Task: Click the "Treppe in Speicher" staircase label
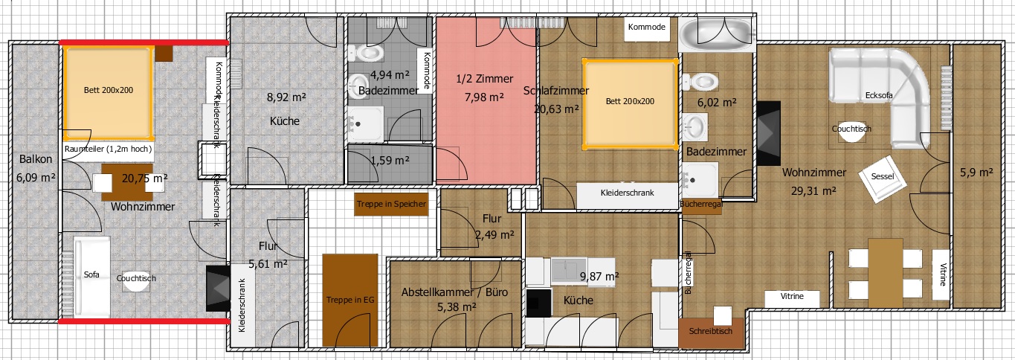(x=391, y=204)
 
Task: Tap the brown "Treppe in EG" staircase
(x=349, y=300)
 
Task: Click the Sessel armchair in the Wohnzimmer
(x=882, y=179)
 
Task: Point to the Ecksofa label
(x=879, y=95)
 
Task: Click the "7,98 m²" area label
(x=484, y=97)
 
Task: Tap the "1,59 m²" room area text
(x=390, y=160)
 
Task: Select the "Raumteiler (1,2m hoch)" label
(x=108, y=149)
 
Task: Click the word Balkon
(x=36, y=159)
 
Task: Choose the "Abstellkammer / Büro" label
(x=454, y=292)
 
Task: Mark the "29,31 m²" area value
(x=813, y=191)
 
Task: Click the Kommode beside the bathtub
(x=647, y=28)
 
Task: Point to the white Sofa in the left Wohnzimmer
(x=91, y=277)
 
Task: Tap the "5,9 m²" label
(x=976, y=173)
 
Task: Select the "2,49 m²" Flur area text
(x=494, y=234)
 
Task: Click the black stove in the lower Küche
(x=539, y=303)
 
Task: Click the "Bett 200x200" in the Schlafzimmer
(x=630, y=103)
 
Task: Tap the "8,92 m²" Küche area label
(x=286, y=97)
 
